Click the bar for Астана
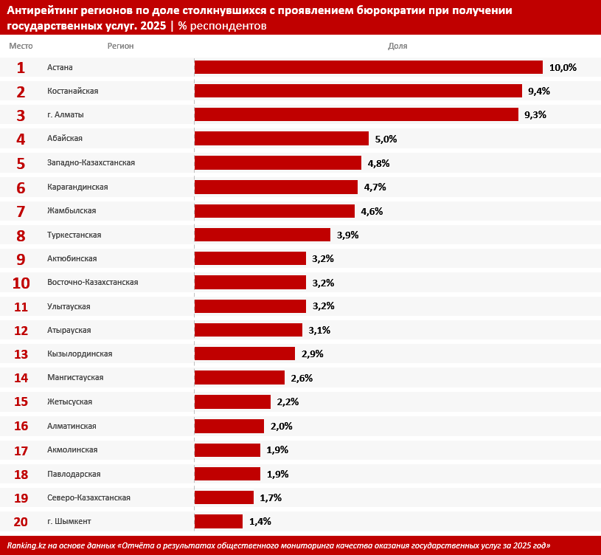pos(369,67)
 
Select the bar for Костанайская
pos(358,91)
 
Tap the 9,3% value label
pos(535,115)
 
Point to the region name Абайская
pos(65,139)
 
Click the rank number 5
pos(21,163)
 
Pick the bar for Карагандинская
pos(276,187)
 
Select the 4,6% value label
pos(372,211)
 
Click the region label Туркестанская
pos(74,235)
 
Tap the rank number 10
pos(21,283)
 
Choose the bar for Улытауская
pos(250,306)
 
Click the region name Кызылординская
pos(80,354)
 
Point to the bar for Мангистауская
pos(240,378)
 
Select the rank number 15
pos(21,402)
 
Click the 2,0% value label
pos(282,426)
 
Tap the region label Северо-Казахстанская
pos(88,497)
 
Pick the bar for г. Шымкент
pos(218,521)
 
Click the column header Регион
pos(120,46)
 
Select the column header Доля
pos(397,46)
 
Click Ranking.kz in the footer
pos(27,545)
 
